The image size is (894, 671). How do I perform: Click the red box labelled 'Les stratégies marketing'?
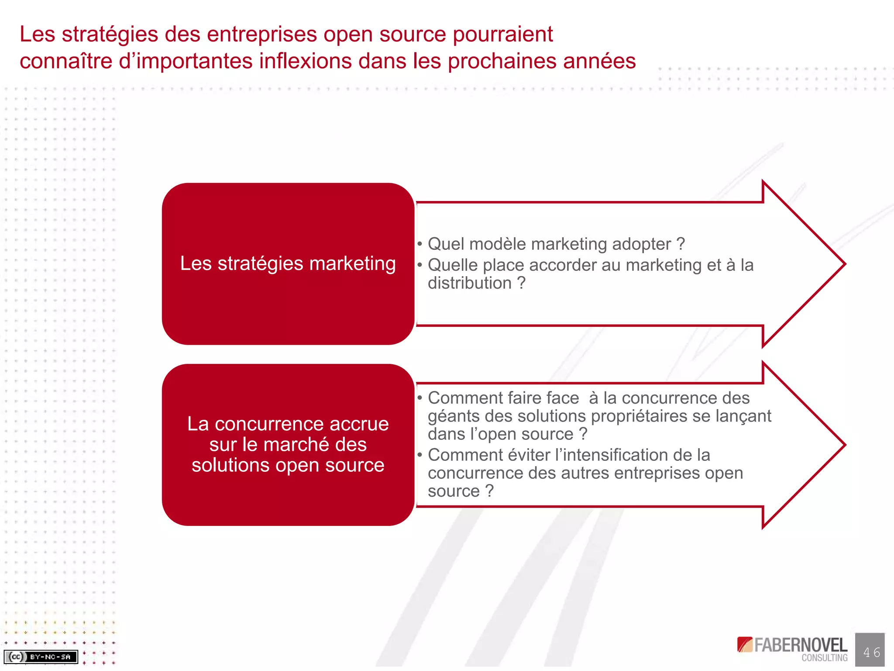point(288,263)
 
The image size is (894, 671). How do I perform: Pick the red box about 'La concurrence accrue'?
point(288,444)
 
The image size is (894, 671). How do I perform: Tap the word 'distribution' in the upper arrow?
point(469,284)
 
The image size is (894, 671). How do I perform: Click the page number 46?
point(871,652)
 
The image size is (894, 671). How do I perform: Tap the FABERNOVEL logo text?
point(800,645)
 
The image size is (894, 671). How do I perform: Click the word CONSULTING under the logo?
point(824,658)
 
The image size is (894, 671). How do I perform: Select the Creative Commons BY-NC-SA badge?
point(41,657)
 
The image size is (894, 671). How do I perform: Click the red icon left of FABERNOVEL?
point(745,644)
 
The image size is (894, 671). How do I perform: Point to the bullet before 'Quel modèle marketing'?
point(419,244)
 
